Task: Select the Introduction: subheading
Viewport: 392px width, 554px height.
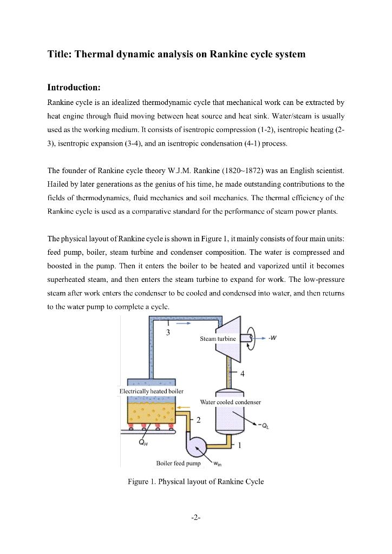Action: (74, 87)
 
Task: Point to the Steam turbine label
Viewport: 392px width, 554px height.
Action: (218, 338)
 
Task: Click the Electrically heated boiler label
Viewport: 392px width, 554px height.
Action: (151, 391)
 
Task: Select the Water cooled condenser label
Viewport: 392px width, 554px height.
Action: (230, 402)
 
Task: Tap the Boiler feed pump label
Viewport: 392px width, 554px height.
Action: (178, 463)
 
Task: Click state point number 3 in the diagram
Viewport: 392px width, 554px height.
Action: (168, 332)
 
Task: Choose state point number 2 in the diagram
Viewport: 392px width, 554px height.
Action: (198, 420)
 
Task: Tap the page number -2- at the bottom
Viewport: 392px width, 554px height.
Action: (196, 517)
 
